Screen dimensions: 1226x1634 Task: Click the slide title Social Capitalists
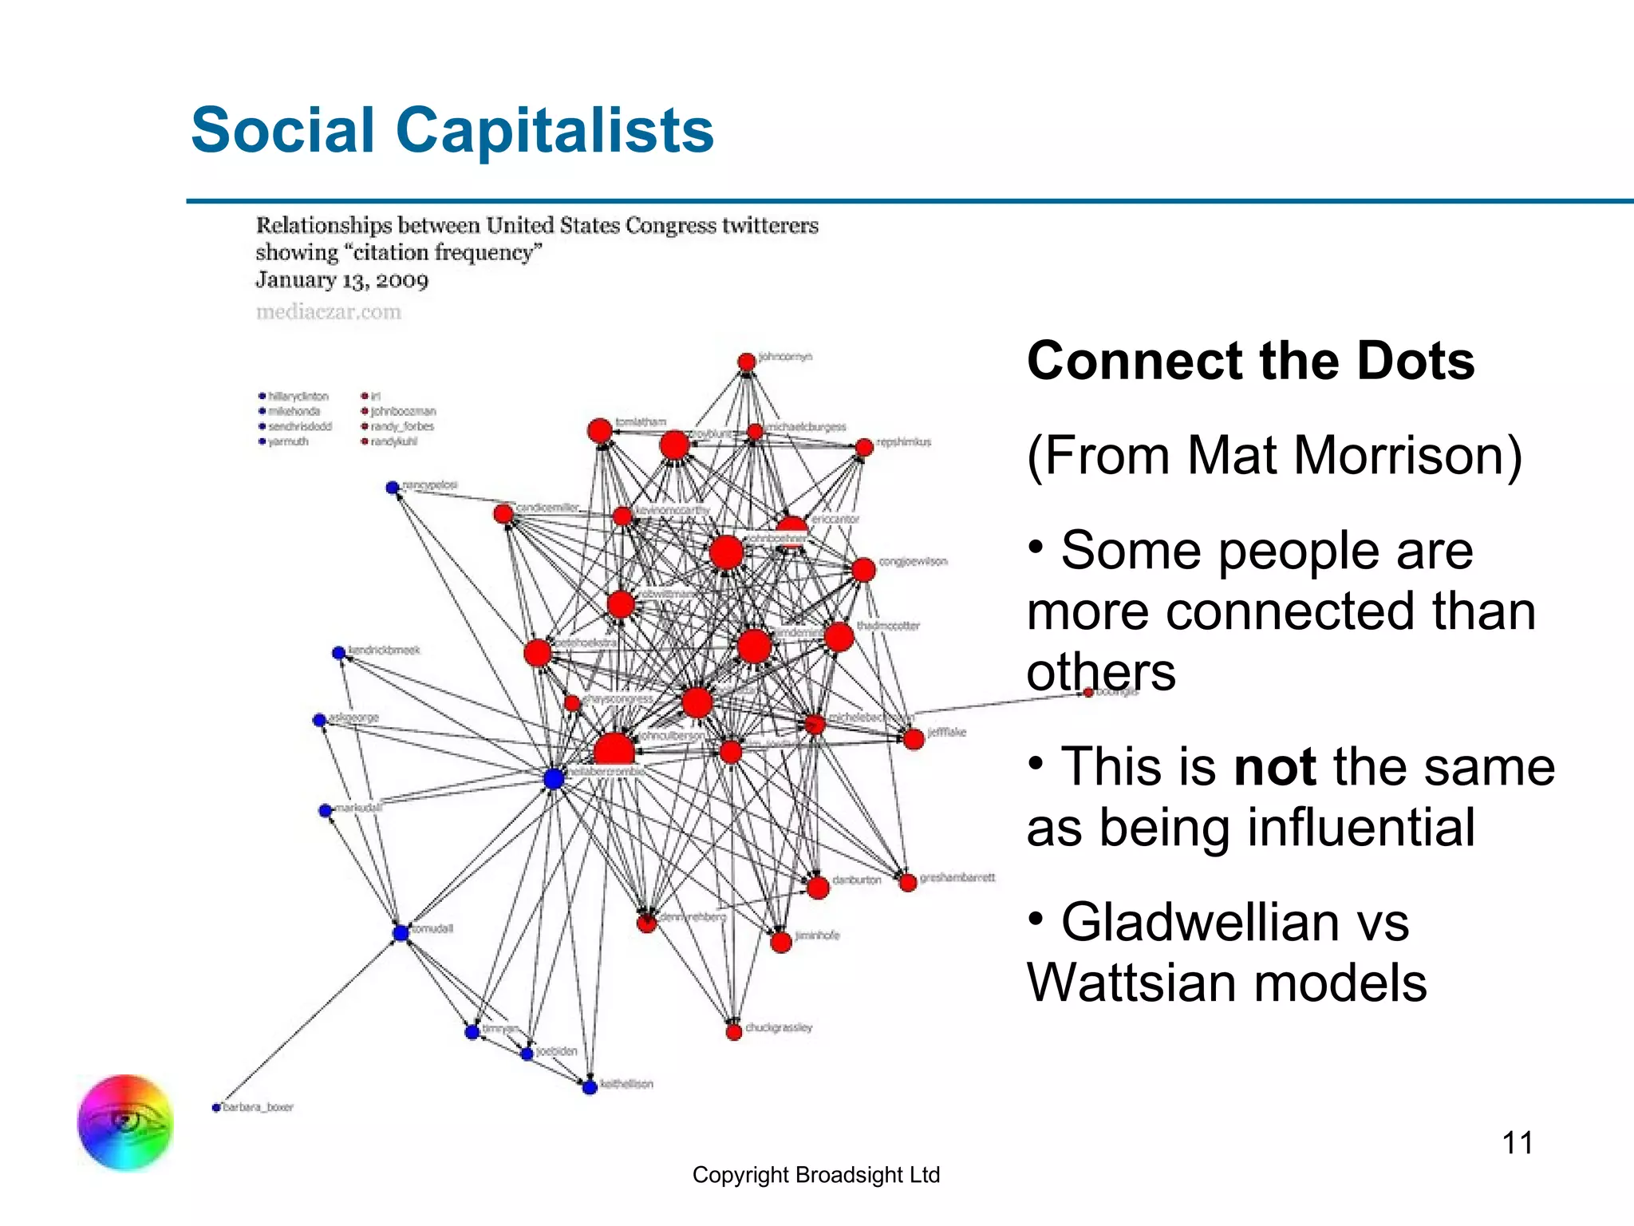(452, 130)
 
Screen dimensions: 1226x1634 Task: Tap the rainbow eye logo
(125, 1122)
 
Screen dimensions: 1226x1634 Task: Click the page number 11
(1517, 1143)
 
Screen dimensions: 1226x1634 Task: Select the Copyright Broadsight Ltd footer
(815, 1175)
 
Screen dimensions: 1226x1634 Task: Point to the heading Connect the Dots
(1250, 361)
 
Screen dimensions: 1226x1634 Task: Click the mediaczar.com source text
(329, 312)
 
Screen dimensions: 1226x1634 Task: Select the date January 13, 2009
(341, 281)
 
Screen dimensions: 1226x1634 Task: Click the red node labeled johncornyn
(746, 362)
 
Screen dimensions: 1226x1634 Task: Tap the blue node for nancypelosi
(392, 488)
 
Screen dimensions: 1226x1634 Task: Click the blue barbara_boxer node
(216, 1108)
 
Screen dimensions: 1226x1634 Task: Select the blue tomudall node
(401, 933)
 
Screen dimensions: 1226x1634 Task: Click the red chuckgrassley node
(734, 1032)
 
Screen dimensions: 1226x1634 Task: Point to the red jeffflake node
(914, 739)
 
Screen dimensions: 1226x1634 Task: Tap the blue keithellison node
(590, 1087)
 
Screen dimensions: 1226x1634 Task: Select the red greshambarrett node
(907, 883)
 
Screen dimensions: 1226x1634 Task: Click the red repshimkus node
(864, 448)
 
